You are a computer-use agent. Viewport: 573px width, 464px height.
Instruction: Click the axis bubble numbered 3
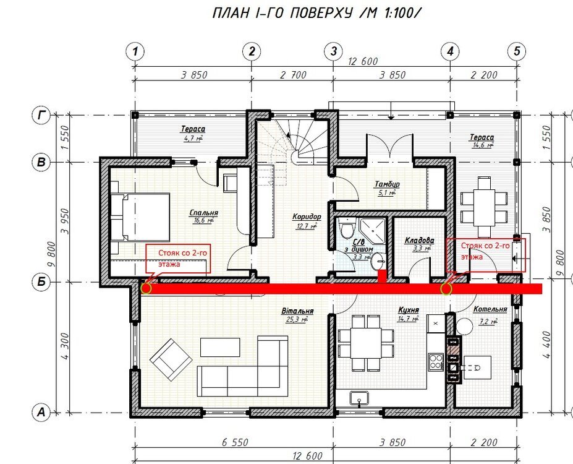(333, 51)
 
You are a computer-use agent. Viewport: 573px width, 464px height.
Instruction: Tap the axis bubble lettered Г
(41, 114)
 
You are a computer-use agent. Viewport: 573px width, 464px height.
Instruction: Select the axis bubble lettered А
(41, 411)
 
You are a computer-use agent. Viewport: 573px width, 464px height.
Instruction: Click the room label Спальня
(204, 212)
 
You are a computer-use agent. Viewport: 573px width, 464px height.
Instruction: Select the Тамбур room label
(388, 184)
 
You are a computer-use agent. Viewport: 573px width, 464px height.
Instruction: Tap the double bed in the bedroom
(141, 217)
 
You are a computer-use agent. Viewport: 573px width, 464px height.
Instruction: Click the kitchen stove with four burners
(436, 359)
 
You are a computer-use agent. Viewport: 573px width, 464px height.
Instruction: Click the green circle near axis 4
(446, 288)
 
